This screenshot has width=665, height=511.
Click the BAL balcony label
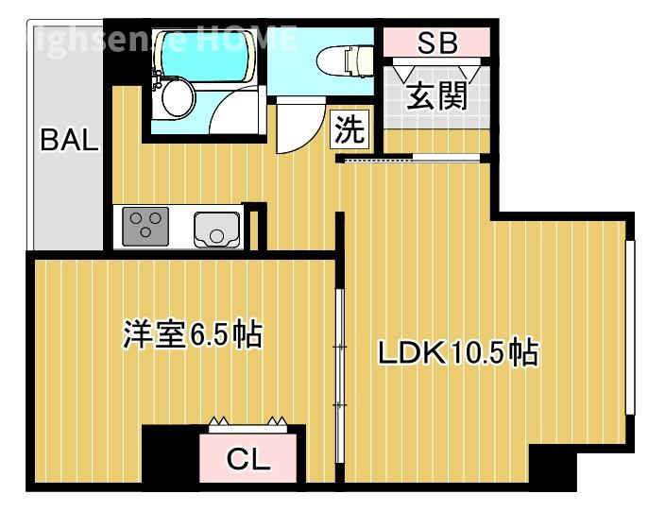tap(68, 142)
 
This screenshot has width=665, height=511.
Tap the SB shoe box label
tap(437, 43)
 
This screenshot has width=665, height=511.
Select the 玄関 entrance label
tap(437, 95)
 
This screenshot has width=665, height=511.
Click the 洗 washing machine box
tap(349, 130)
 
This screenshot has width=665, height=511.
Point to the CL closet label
tap(249, 461)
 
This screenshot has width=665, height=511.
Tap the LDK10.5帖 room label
tap(458, 353)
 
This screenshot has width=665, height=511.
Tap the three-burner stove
tap(146, 228)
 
